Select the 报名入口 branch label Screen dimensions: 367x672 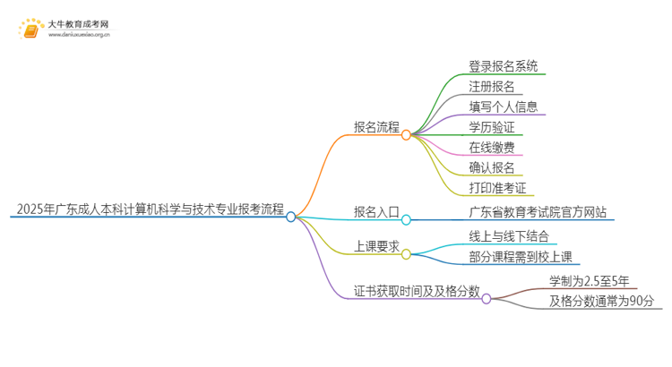(376, 212)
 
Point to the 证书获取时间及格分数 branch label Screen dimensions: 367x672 (417, 292)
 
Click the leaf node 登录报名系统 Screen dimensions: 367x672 (504, 66)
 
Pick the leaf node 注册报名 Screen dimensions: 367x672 (491, 87)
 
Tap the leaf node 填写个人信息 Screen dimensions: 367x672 (503, 107)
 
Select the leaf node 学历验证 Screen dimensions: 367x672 (491, 126)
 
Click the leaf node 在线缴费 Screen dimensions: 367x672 (491, 147)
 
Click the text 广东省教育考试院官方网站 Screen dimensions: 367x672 (538, 212)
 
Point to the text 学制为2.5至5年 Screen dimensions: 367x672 (590, 281)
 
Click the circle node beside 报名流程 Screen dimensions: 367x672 (406, 135)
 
